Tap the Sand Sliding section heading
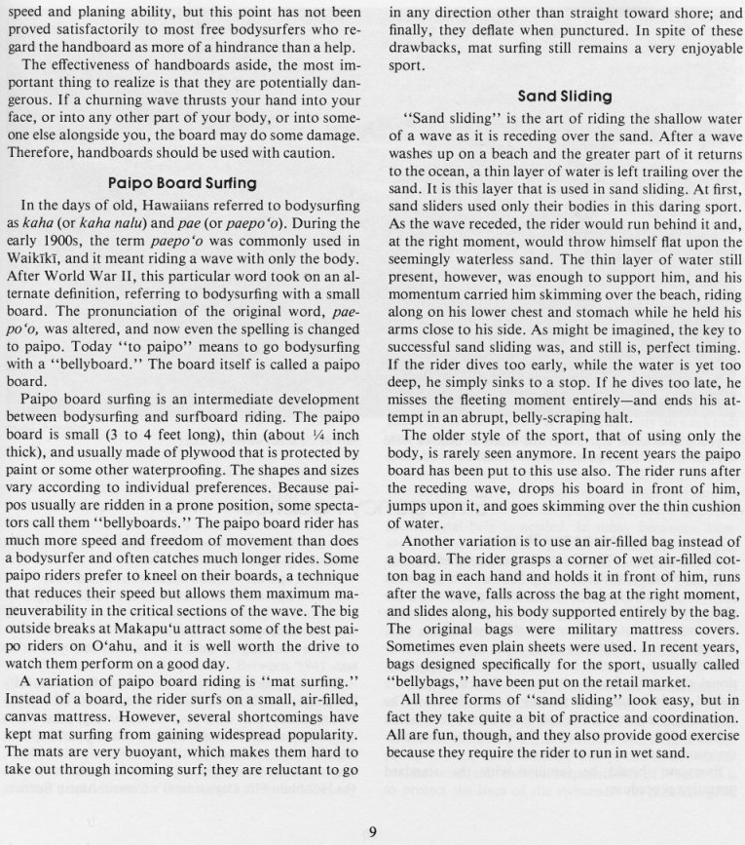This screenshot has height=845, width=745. click(x=565, y=96)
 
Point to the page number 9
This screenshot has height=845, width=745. click(x=373, y=830)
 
